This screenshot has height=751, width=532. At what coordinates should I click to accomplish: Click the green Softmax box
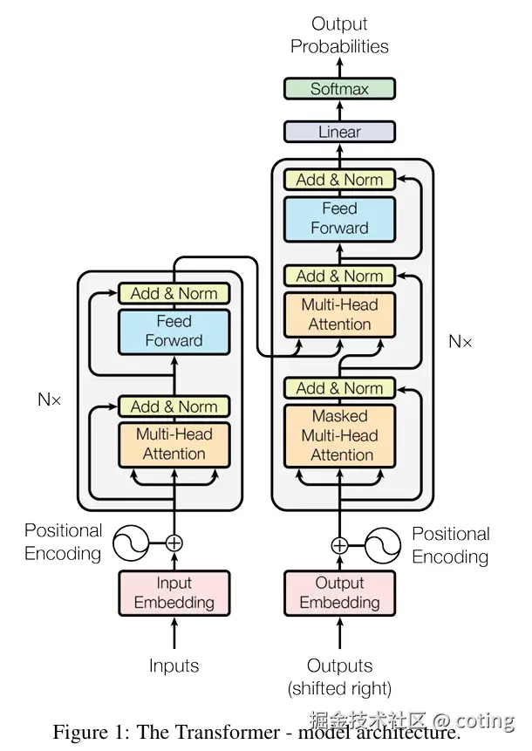coord(339,88)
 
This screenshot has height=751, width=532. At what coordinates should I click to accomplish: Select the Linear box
coord(339,132)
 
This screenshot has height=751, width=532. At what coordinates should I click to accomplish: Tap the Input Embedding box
coord(174,593)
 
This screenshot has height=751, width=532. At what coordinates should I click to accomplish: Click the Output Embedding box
coord(339,593)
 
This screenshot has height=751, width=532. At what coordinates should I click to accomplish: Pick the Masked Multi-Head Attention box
coord(339,435)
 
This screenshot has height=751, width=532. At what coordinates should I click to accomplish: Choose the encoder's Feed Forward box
coord(174,331)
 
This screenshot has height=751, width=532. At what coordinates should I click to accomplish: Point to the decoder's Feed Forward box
coord(339,218)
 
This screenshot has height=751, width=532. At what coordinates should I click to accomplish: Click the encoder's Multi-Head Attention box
coord(174,444)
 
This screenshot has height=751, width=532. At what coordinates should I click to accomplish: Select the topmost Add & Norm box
coord(339,180)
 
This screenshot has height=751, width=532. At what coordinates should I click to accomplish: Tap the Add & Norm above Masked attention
coord(339,388)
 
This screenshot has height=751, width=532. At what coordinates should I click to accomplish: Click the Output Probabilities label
coord(339,35)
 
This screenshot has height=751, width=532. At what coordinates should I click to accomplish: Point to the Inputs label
coord(174,666)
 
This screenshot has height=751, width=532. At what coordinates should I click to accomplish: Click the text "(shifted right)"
coord(339,688)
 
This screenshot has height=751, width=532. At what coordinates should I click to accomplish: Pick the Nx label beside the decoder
coord(460,341)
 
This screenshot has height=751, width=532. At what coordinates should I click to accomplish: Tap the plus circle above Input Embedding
coord(174,543)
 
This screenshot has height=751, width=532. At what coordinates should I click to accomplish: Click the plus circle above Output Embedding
coord(339,546)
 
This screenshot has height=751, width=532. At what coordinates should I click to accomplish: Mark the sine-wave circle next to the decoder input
coord(382,546)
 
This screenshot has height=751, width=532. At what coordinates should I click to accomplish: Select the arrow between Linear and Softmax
coord(339,110)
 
